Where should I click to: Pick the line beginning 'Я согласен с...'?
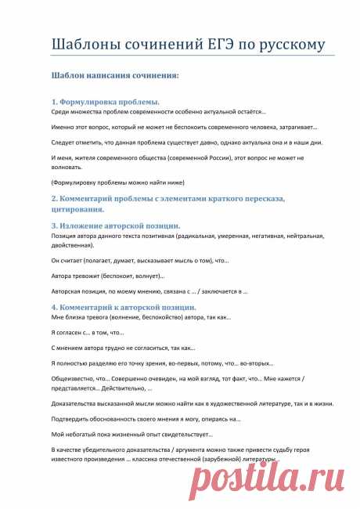(88, 333)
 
